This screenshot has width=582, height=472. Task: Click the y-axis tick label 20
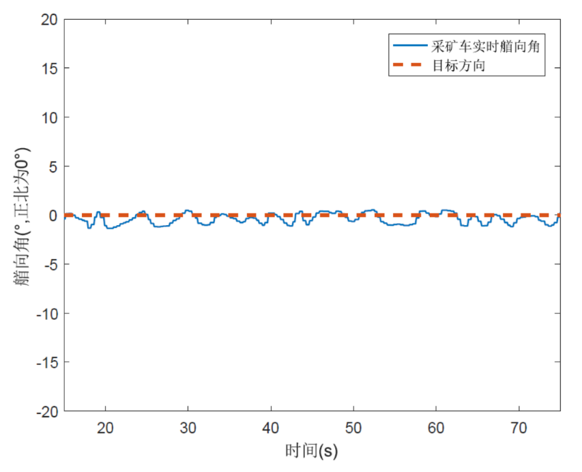click(50, 19)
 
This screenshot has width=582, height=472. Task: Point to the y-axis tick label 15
click(50, 68)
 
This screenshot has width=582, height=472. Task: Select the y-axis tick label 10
click(50, 117)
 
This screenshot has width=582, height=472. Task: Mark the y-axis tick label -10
click(47, 314)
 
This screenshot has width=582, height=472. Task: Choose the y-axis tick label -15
click(47, 363)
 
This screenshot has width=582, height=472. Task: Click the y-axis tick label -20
click(47, 412)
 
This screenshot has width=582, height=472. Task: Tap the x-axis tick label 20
click(106, 428)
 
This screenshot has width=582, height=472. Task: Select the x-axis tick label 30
click(188, 428)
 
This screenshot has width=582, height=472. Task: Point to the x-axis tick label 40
click(272, 428)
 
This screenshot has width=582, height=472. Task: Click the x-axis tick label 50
click(354, 428)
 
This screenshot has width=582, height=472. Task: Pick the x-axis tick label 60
click(437, 428)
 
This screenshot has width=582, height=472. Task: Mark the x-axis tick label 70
click(519, 428)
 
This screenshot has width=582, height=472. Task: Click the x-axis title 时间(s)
click(312, 451)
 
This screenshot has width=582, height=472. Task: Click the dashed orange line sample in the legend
click(409, 66)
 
